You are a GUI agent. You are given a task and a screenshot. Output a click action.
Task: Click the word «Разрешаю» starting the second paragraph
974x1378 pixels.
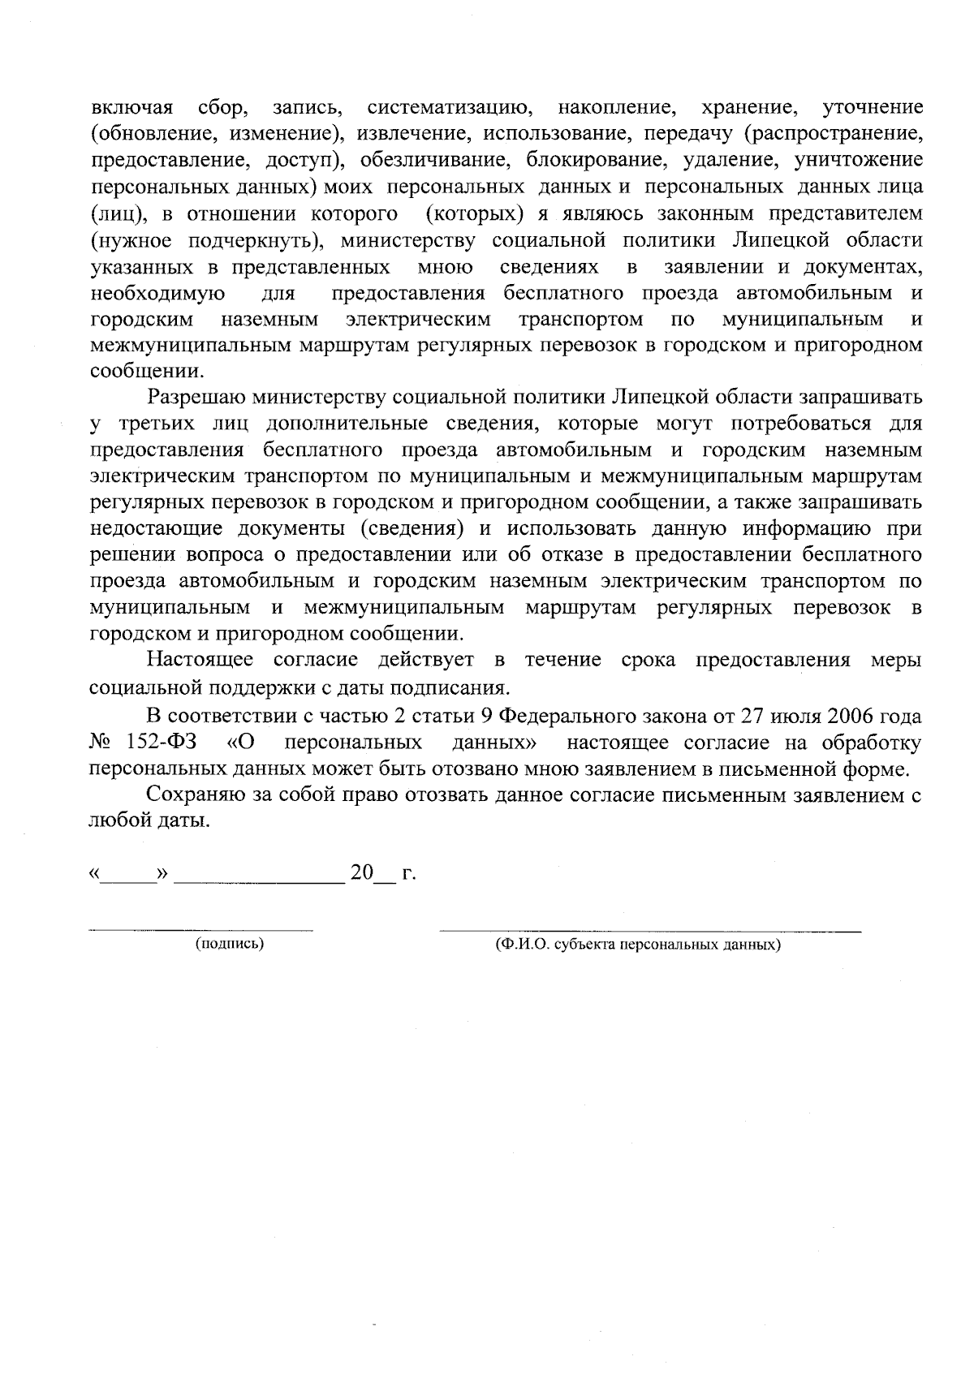click(x=197, y=398)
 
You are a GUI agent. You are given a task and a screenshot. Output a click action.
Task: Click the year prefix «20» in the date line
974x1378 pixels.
click(x=361, y=873)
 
